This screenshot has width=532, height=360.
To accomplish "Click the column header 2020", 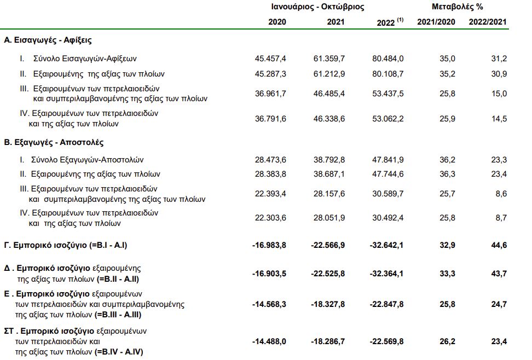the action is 277,22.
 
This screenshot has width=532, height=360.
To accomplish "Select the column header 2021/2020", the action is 436,22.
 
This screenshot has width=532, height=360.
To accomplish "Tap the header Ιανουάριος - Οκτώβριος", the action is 317,7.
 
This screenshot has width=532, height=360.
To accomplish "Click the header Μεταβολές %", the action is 457,7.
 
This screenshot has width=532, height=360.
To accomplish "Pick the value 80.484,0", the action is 388,59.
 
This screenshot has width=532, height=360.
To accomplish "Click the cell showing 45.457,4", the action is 270,59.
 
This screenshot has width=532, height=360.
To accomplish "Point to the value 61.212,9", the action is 329,74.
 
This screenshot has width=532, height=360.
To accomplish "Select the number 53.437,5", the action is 388,94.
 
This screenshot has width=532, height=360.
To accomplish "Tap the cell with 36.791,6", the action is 270,119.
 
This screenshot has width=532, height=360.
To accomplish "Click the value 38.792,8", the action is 329,160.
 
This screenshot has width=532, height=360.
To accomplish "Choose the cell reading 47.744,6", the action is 388,174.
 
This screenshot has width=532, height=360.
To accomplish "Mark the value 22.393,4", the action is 270,194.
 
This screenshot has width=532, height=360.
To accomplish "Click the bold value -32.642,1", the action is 386,245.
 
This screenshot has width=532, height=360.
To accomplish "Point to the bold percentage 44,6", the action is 499,245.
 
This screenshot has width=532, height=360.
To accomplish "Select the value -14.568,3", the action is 269,304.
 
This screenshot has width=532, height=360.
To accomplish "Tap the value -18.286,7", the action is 328,342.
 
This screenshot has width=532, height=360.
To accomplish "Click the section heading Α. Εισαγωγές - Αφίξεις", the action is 48,40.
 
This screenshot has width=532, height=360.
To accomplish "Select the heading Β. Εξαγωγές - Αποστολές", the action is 54,142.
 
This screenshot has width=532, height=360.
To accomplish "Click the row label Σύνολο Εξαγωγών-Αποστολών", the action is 87,160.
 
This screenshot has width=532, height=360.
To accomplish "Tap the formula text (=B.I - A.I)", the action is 108,245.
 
